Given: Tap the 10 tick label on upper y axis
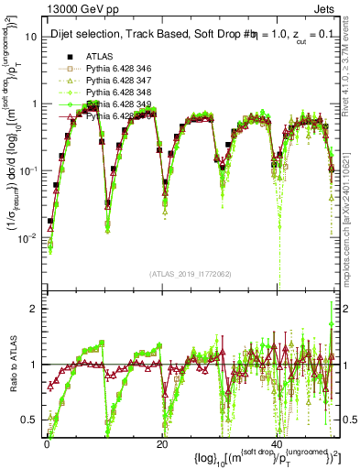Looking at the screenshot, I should pos(31,37).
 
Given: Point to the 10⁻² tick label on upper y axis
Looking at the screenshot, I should pos(29,237).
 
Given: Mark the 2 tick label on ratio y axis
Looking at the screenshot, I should pos(35,309).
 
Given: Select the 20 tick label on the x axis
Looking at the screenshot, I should pos(163,443).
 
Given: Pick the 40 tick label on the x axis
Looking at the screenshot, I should pos(280,443).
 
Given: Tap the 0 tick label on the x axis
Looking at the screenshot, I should pos(47,443).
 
